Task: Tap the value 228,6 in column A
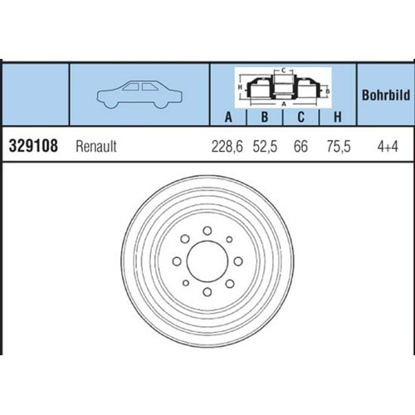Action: (x=227, y=147)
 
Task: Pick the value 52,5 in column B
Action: (x=265, y=147)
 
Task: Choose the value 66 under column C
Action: (x=300, y=147)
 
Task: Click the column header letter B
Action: (x=265, y=117)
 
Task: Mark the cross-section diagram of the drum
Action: (x=282, y=87)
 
